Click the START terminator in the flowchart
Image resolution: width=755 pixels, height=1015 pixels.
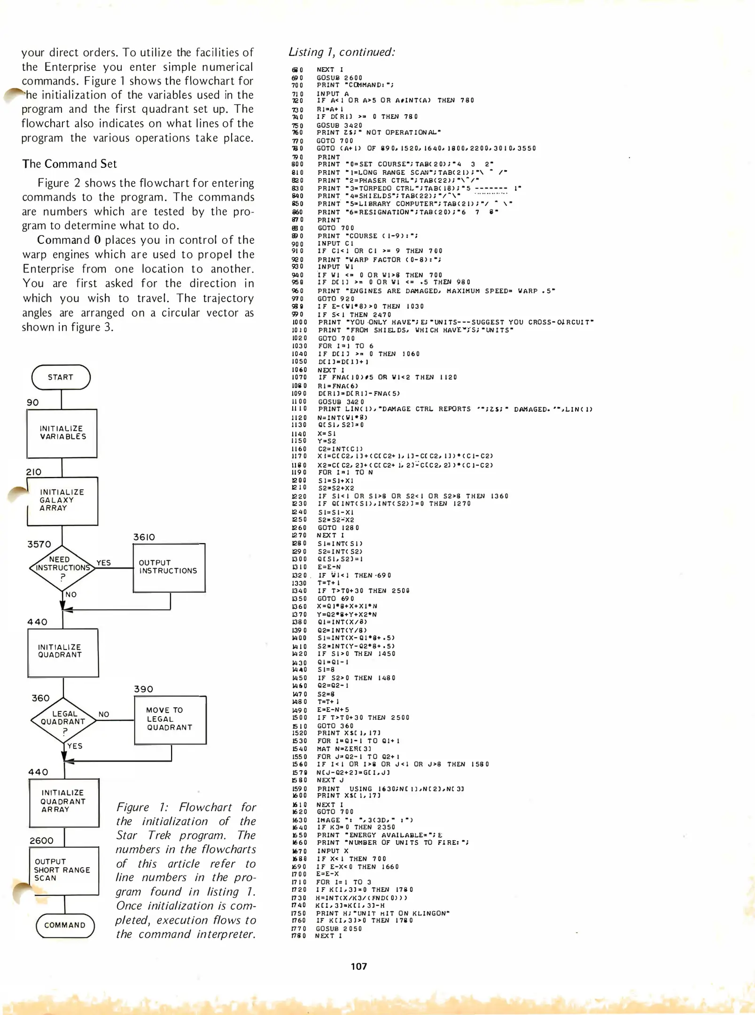coord(61,377)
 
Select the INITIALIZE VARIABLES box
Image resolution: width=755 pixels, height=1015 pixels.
coord(62,433)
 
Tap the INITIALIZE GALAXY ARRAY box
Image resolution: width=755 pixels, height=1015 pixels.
coord(62,500)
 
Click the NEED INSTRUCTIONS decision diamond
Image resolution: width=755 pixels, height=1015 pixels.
coord(62,568)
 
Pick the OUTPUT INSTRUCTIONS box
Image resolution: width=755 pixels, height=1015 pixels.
coord(169,568)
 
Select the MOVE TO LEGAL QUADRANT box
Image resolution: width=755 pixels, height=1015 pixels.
coord(170,719)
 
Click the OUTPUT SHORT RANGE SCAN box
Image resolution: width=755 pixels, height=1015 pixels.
coord(64,870)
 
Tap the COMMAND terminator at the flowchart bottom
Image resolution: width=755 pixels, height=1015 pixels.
coord(65,925)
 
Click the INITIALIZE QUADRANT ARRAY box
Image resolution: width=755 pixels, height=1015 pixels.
coord(64,802)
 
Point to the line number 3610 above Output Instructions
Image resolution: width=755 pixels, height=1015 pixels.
coord(144,537)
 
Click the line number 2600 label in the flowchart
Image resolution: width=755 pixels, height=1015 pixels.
coord(41,841)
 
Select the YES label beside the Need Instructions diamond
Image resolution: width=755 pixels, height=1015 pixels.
coord(104,563)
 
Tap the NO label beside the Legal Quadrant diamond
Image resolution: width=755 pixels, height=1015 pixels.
coord(104,714)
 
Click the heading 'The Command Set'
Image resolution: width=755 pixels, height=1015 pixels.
coord(70,164)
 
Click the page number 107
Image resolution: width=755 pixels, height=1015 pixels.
coord(359,967)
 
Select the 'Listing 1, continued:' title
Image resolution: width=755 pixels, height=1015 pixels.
coord(342,52)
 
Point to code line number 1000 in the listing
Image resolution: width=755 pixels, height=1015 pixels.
coord(299,322)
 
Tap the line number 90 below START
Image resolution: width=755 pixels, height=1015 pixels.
coord(33,403)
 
